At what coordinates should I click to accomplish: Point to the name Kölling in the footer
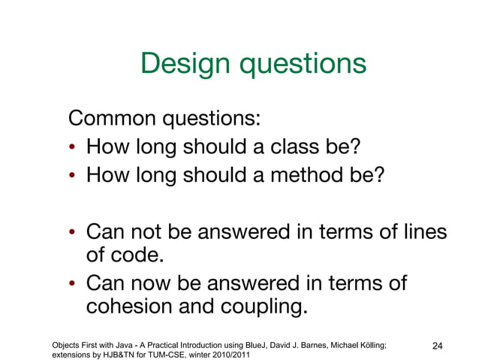coord(371,343)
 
